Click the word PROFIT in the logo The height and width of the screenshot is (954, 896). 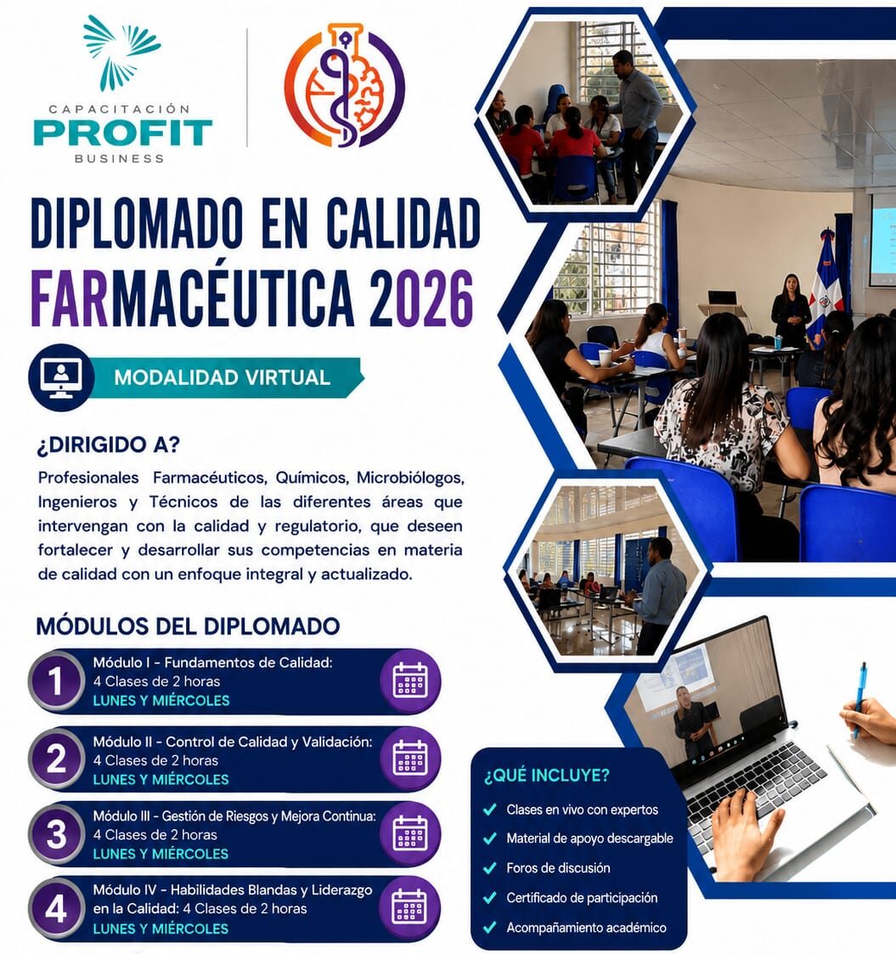point(123,133)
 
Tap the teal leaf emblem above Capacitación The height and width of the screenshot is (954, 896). point(121,53)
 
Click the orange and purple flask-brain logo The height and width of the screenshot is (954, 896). point(345,86)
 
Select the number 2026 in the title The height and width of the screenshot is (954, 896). point(421,299)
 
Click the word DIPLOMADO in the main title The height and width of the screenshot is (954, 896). point(137,223)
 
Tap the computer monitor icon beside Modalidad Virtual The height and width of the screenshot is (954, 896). point(61,378)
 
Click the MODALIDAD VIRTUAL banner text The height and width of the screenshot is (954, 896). point(222,378)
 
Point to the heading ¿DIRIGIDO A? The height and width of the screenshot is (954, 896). point(109,445)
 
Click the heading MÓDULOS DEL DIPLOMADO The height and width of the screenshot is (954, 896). point(188,626)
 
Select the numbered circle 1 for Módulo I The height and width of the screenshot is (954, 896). point(56,681)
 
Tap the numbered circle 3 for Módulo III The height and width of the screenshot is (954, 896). point(56,834)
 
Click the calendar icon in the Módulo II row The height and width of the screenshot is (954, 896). point(410,758)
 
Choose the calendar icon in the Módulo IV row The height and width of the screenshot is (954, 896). point(409,909)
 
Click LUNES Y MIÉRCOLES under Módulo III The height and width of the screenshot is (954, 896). point(161,855)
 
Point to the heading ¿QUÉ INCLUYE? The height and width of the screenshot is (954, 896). point(546,776)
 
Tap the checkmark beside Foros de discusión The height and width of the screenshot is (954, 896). point(490,868)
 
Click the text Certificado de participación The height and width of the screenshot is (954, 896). point(582,898)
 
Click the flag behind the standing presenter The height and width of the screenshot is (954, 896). point(826,285)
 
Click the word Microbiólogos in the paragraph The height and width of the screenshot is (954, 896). point(410,478)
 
